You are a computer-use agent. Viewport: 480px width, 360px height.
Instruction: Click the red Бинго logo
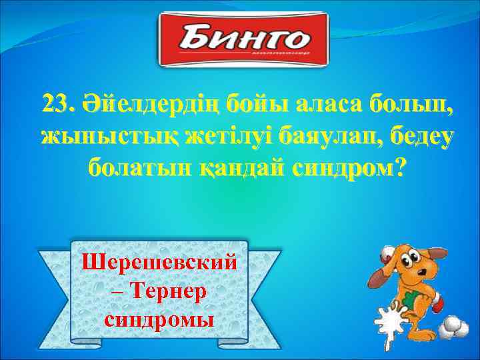coord(243,40)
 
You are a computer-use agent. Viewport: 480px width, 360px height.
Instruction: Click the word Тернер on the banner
coord(169,290)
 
